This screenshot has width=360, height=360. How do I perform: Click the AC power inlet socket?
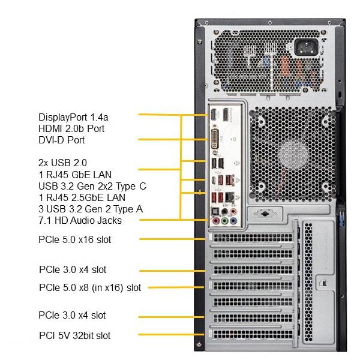coord(306,47)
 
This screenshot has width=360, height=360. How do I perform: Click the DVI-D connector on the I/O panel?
coord(215,139)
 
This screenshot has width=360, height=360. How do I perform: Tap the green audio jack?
coord(225,221)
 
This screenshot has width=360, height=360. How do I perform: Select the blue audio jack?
coord(233,221)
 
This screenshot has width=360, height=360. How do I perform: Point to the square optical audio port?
coord(216,211)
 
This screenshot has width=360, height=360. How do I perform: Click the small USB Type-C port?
coord(214,181)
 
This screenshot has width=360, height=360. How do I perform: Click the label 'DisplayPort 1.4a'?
coord(73,118)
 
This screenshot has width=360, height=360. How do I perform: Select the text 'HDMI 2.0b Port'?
coord(71,128)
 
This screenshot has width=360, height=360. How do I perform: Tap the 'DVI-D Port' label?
coord(62,140)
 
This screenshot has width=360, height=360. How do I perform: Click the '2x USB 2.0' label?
coord(62,163)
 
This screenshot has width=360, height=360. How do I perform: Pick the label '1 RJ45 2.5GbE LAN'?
coord(82,197)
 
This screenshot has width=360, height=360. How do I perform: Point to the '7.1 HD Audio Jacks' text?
coord(80,220)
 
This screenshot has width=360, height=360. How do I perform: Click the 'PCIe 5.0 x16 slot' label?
coord(75,239)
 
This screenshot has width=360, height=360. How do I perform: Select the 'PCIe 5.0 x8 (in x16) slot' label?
coord(90,287)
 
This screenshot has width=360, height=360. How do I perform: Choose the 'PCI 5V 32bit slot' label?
coord(75,335)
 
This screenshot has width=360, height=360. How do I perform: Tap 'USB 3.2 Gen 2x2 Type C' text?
coord(92,186)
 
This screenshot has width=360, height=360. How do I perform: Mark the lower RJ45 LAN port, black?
coord(230,197)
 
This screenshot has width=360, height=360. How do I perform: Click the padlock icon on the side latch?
coord(323,284)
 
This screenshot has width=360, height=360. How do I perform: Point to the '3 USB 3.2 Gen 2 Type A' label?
coord(91,209)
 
